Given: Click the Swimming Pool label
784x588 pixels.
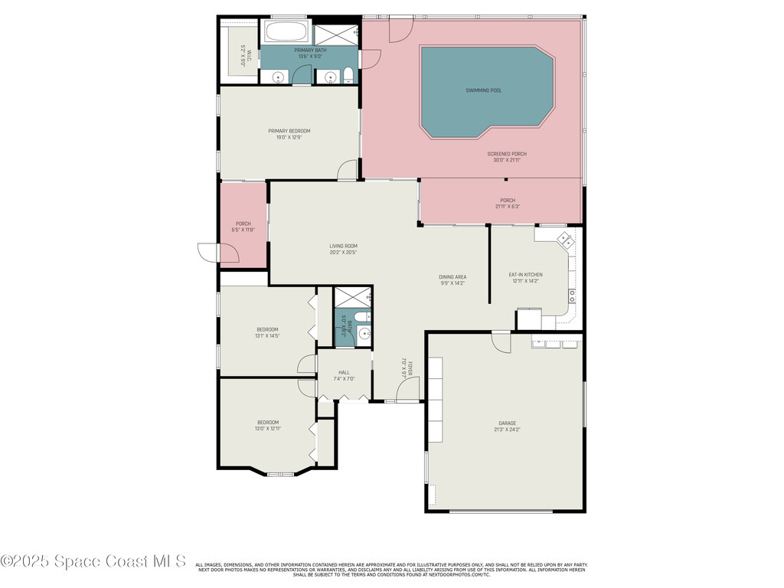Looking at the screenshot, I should (484, 90).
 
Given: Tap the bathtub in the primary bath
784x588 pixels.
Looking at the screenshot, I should (286, 33).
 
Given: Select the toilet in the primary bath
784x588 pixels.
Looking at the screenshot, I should (348, 75).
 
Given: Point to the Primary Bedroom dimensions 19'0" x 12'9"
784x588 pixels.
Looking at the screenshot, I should (289, 138).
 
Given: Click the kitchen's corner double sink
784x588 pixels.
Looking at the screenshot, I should (567, 240).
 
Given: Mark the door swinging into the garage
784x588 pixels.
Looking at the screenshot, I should (501, 342).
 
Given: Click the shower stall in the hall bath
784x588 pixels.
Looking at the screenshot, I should (352, 296).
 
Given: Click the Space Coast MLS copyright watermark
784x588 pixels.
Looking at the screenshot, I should (93, 561).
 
